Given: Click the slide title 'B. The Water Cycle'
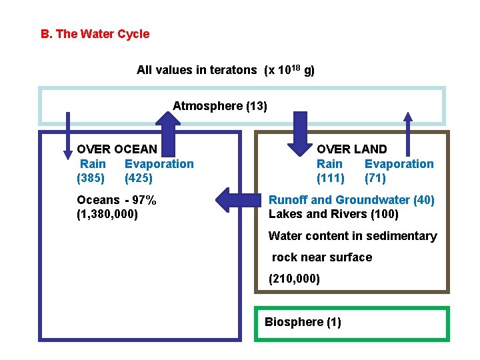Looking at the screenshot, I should pyautogui.click(x=95, y=34).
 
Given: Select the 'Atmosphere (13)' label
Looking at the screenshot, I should pyautogui.click(x=220, y=106).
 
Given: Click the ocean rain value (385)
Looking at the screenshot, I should pyautogui.click(x=91, y=179).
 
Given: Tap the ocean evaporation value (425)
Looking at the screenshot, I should pyautogui.click(x=139, y=179).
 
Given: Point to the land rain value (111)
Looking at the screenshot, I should pyautogui.click(x=331, y=179).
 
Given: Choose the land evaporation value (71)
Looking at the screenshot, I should pyautogui.click(x=375, y=179).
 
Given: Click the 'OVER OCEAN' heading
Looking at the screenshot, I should pyautogui.click(x=117, y=149).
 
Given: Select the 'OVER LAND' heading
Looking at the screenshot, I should pyautogui.click(x=351, y=149).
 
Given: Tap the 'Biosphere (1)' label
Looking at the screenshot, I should pyautogui.click(x=303, y=322).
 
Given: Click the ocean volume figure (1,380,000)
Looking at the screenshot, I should pyautogui.click(x=107, y=215).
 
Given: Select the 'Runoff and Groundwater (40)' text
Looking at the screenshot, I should pyautogui.click(x=351, y=200).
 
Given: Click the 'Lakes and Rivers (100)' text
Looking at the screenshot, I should pyautogui.click(x=333, y=214).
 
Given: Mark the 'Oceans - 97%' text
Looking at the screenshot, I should pyautogui.click(x=117, y=200).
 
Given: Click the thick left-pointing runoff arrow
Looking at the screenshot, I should pyautogui.click(x=240, y=199).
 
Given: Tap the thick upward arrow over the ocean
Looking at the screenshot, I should pyautogui.click(x=167, y=127).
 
